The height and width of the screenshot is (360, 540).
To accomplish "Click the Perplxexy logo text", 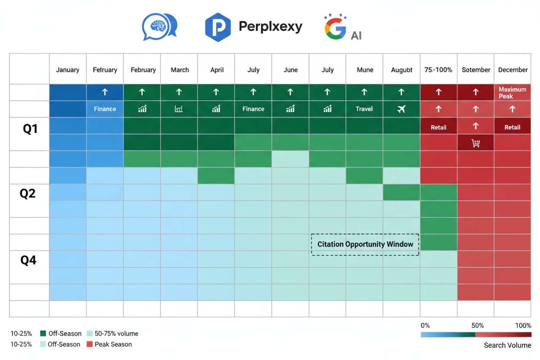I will [270, 27].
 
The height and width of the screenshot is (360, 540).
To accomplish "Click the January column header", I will [67, 70].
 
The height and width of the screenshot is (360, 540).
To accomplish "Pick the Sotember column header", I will [476, 70].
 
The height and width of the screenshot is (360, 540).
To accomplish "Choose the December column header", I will [513, 70].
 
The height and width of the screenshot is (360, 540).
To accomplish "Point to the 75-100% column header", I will [438, 70].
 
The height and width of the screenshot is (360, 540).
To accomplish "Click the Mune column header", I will [365, 70].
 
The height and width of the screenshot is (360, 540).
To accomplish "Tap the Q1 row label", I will [30, 129].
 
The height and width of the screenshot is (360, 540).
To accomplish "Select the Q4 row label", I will [29, 260].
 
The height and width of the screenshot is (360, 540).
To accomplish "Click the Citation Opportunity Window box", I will [365, 244].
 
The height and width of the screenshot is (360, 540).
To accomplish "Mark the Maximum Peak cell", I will [512, 93].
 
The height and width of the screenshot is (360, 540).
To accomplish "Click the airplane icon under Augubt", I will [402, 109].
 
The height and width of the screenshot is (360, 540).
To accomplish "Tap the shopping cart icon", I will [476, 143].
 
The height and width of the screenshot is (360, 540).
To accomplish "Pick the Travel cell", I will [364, 109].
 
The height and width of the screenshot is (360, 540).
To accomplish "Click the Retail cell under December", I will [512, 127].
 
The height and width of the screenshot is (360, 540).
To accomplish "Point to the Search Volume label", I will [507, 345].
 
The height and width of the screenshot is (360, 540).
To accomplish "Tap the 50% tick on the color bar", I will [477, 325].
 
